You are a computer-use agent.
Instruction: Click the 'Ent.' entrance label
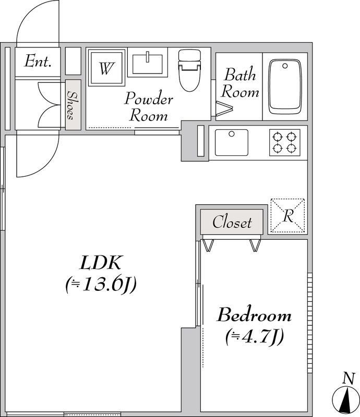(38, 61)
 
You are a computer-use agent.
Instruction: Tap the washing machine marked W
(106, 68)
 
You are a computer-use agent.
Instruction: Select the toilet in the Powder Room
(189, 70)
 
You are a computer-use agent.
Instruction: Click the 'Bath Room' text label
(240, 83)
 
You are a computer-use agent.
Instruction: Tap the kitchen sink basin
(231, 142)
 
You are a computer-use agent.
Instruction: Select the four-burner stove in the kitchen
(285, 142)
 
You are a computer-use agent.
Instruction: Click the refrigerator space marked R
(287, 215)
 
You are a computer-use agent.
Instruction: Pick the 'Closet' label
(232, 222)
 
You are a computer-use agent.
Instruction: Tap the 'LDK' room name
(101, 263)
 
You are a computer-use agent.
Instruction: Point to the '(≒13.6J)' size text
(101, 285)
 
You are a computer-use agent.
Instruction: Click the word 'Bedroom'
(254, 315)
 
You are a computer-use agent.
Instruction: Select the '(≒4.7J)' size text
(254, 337)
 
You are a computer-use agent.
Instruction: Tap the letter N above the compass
(349, 378)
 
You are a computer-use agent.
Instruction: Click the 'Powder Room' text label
(149, 106)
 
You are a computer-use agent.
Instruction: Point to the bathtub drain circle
(285, 66)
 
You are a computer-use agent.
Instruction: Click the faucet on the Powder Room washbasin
(147, 57)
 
